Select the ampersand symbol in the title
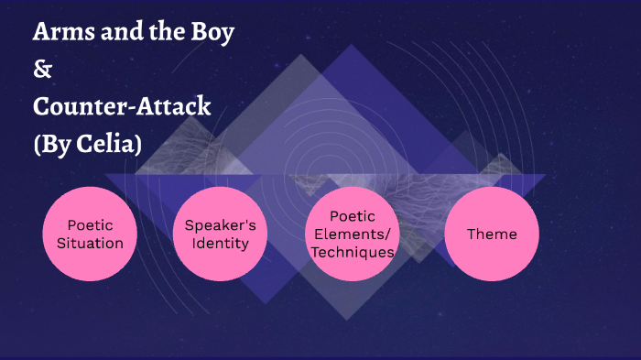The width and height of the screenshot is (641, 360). pyautogui.click(x=40, y=69)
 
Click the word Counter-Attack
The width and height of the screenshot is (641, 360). pyautogui.click(x=122, y=106)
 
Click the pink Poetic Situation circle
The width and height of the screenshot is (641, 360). pyautogui.click(x=90, y=234)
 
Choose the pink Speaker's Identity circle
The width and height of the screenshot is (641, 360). pyautogui.click(x=220, y=234)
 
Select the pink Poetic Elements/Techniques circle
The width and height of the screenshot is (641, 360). pyautogui.click(x=352, y=234)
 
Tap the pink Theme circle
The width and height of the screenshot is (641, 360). pyautogui.click(x=492, y=234)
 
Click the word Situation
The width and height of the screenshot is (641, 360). pyautogui.click(x=90, y=243)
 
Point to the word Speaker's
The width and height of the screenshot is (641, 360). pyautogui.click(x=220, y=224)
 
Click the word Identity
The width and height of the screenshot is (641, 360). pyautogui.click(x=220, y=243)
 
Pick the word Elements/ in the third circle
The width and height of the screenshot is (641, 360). pyautogui.click(x=352, y=234)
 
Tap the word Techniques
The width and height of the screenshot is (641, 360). pyautogui.click(x=352, y=251)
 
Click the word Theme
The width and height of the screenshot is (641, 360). pyautogui.click(x=492, y=234)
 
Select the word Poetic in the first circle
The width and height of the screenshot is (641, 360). pyautogui.click(x=90, y=224)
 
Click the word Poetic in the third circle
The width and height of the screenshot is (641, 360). pyautogui.click(x=352, y=216)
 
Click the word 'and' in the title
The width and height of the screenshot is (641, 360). pyautogui.click(x=116, y=33)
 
